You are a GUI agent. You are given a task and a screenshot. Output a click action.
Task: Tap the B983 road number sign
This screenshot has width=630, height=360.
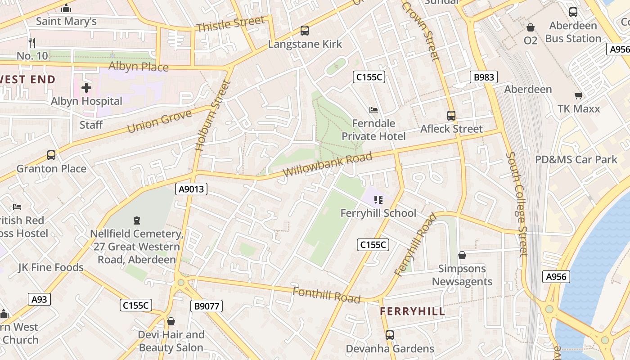pyautogui.click(x=484, y=77)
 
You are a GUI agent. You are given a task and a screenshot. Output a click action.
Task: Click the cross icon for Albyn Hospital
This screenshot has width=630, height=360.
pyautogui.click(x=86, y=87)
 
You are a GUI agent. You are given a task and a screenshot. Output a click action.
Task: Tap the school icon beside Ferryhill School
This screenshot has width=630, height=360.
pyautogui.click(x=378, y=199)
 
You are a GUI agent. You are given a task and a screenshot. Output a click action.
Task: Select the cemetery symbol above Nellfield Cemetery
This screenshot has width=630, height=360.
pyautogui.click(x=136, y=220)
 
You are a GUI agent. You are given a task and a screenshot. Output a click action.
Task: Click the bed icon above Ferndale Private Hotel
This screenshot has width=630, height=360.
pyautogui.click(x=373, y=110)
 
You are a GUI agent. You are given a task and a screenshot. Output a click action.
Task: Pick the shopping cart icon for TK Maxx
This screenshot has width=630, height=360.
pyautogui.click(x=578, y=95)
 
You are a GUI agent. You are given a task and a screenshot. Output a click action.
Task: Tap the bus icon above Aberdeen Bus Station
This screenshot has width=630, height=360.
pyautogui.click(x=573, y=12)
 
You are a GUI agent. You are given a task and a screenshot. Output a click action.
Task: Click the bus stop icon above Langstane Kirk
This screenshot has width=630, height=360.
pyautogui.click(x=305, y=31)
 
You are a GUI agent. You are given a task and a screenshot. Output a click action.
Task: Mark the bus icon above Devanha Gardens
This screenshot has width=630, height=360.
pyautogui.click(x=390, y=335)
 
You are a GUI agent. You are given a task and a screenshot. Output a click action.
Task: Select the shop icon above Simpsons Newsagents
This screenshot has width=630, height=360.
pyautogui.click(x=462, y=256)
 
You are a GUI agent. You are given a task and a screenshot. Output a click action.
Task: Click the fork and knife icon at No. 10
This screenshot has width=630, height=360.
pyautogui.click(x=31, y=43)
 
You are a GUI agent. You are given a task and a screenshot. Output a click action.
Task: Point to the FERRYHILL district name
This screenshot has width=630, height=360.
pyautogui.click(x=412, y=311)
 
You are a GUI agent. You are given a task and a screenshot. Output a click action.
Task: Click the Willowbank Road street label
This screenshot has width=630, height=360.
pyautogui.click(x=327, y=164)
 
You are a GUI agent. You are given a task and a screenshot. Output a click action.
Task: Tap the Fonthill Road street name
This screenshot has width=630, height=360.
pyautogui.click(x=326, y=295)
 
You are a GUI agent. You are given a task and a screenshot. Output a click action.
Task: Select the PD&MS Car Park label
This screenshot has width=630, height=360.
pyautogui.click(x=576, y=159)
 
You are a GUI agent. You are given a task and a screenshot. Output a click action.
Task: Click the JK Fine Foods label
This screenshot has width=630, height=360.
pyautogui.click(x=51, y=267)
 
